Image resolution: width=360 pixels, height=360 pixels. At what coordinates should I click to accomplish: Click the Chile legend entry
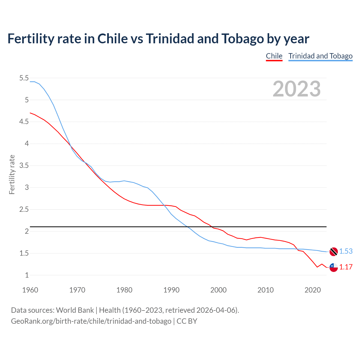pos(274,56)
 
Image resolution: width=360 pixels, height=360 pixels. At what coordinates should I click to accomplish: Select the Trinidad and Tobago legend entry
pos(320,56)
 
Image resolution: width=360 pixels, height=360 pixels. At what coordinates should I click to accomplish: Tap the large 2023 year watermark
pos(296,89)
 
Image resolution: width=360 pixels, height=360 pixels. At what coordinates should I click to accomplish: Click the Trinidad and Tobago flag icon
pos(334,251)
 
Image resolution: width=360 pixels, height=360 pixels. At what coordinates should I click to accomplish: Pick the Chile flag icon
pos(334,267)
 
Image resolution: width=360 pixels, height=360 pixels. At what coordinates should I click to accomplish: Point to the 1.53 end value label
pos(346,251)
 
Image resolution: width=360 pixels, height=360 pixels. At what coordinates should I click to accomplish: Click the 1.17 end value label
pos(346,267)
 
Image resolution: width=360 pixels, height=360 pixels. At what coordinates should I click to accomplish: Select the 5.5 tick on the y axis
pos(24,78)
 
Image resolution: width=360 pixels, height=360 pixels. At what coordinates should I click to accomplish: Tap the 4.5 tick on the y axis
pos(24,122)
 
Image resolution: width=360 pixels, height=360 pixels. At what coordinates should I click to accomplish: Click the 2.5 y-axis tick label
pos(24,210)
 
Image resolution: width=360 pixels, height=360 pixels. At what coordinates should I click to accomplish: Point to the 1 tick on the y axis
pos(27,275)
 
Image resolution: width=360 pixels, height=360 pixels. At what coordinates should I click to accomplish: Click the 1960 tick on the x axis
pos(30,290)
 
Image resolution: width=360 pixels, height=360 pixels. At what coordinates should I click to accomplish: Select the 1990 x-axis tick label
pos(171,290)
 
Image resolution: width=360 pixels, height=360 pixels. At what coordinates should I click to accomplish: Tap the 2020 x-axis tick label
pos(312,290)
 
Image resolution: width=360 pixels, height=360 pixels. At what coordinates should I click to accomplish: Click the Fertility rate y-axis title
pos(12,174)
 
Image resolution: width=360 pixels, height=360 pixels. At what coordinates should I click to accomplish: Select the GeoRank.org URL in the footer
pos(91,321)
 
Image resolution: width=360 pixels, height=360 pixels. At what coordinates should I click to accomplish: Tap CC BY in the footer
pos(187,321)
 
